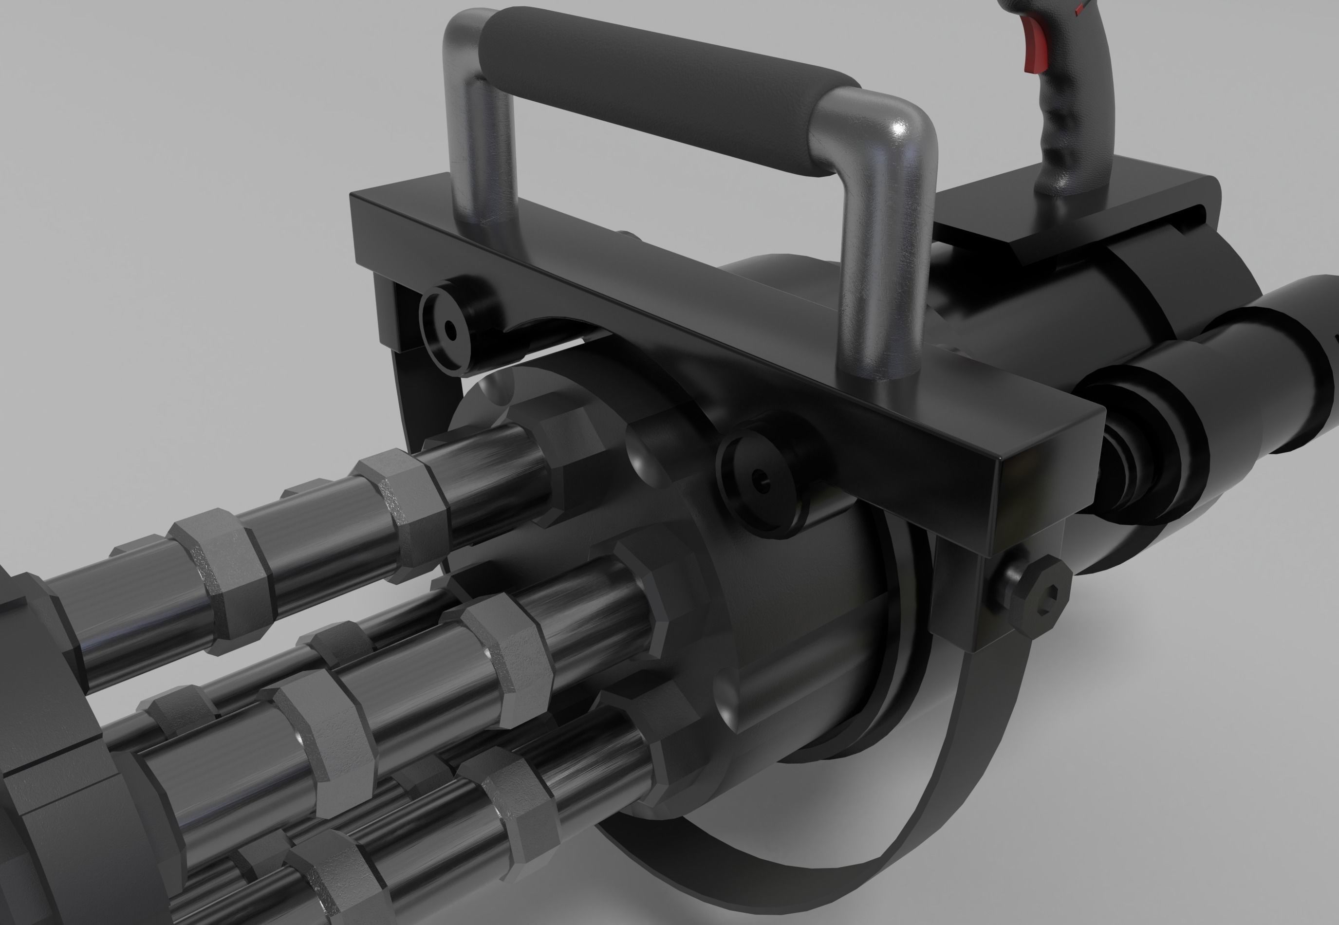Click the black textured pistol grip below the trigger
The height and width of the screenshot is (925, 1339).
pos(1072,133)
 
